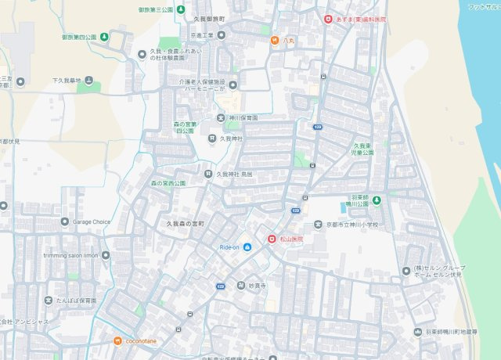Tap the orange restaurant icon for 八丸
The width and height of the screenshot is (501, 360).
click(275, 40)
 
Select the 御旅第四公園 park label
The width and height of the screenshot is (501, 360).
click(79, 37)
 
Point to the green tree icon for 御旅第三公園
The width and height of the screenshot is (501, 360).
click(181, 9)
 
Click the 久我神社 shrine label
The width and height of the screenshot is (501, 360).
click(231, 139)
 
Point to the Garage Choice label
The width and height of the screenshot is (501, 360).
click(91, 221)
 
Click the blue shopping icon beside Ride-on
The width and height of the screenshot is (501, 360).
click(247, 247)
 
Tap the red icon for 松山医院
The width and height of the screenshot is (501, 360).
click(272, 239)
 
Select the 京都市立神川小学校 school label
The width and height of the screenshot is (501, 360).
click(351, 225)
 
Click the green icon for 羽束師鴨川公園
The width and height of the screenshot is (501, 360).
click(377, 201)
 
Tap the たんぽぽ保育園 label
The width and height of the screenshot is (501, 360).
click(76, 301)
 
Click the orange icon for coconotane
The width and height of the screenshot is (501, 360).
click(117, 340)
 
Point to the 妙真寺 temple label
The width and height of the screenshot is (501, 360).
click(257, 286)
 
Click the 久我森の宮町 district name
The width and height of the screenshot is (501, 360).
click(185, 224)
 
